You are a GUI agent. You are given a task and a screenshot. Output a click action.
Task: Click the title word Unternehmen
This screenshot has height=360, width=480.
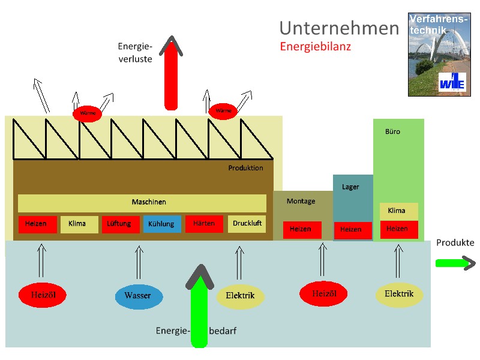339,28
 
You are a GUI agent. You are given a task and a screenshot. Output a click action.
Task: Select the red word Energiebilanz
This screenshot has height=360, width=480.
315,46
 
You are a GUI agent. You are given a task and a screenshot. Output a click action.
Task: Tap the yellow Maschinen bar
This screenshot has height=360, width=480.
142,203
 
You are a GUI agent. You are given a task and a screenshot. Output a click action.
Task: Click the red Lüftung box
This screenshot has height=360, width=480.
119,224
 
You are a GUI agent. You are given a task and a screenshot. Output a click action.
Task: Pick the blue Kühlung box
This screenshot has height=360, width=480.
161,224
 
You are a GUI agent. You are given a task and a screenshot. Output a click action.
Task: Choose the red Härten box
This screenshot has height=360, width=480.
204,224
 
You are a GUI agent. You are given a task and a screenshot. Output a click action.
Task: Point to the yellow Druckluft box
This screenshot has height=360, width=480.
247,224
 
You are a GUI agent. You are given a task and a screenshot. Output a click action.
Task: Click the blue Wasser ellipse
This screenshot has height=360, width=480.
137,296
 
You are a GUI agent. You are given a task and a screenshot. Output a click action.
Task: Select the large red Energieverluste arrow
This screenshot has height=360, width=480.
172,75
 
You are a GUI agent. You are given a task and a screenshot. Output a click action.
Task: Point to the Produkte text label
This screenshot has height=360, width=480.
455,243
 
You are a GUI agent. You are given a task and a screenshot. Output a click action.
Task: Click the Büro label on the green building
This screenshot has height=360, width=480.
392,131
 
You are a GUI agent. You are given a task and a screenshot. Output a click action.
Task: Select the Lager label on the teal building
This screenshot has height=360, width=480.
350,187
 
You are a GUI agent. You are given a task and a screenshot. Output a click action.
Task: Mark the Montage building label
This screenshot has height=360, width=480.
301,201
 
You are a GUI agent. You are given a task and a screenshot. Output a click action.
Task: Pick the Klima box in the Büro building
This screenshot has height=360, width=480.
397,211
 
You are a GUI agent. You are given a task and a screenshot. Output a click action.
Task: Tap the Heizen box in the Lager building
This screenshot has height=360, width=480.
351,230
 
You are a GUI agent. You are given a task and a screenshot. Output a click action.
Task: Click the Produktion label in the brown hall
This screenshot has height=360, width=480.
245,168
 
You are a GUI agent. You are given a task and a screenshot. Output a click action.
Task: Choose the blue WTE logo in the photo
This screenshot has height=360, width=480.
451,82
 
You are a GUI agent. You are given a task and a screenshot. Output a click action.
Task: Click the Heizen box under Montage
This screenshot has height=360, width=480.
301,229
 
